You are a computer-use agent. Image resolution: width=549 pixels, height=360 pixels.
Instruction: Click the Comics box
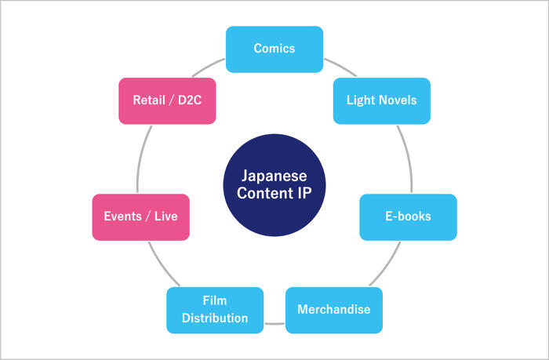pyautogui.click(x=274, y=49)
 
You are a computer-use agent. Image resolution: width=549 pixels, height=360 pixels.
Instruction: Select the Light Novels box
pyautogui.click(x=381, y=100)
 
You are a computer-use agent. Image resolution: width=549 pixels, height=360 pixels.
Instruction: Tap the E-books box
pyautogui.click(x=408, y=216)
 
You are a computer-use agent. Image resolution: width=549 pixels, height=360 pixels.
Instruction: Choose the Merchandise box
pyautogui.click(x=333, y=309)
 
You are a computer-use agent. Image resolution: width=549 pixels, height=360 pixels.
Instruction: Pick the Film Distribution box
pyautogui.click(x=214, y=309)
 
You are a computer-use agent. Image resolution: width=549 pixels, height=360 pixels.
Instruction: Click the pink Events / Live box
pyautogui.click(x=140, y=216)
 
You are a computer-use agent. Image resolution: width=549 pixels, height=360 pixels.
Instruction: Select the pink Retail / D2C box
pyautogui.click(x=166, y=100)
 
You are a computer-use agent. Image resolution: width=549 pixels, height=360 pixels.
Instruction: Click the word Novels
pyautogui.click(x=398, y=100)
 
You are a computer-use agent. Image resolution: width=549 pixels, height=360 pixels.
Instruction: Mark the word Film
pyautogui.click(x=214, y=301)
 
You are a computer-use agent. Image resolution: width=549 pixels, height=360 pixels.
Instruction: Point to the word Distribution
pyautogui.click(x=214, y=318)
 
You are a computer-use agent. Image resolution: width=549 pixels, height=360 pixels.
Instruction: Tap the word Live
pyautogui.click(x=164, y=216)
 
